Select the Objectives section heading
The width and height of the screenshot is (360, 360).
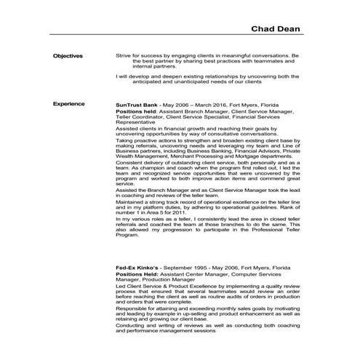point(68,55)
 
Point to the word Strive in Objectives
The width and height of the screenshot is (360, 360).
point(123,55)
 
